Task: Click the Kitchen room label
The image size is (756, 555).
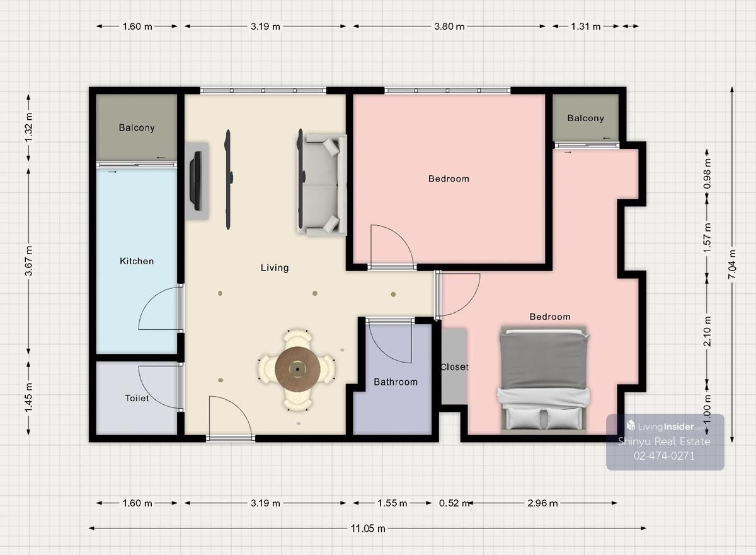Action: [x=137, y=261]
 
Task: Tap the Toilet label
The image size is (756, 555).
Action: [x=137, y=398]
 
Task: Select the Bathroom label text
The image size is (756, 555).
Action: [x=396, y=382]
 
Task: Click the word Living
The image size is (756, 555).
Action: [x=275, y=268]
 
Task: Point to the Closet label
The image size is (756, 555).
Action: [x=454, y=367]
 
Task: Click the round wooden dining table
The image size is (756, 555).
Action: [x=297, y=369]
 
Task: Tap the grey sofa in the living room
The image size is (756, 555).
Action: [x=322, y=184]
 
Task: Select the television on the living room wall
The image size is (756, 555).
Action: [x=196, y=182]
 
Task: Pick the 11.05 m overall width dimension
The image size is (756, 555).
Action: [x=367, y=529]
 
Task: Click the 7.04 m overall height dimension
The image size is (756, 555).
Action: [x=731, y=264]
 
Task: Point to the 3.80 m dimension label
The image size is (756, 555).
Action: [x=449, y=26]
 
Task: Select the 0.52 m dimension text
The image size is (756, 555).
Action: [x=454, y=503]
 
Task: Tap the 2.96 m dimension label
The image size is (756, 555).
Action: [x=542, y=503]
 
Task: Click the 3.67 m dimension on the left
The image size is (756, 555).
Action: [x=29, y=260]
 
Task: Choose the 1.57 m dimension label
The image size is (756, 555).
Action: [x=707, y=238]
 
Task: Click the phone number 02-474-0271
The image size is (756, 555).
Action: [x=664, y=456]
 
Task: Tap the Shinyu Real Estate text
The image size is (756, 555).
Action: [x=664, y=441]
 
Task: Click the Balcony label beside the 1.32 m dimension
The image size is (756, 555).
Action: [x=137, y=127]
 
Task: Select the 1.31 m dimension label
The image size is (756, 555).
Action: [x=585, y=26]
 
